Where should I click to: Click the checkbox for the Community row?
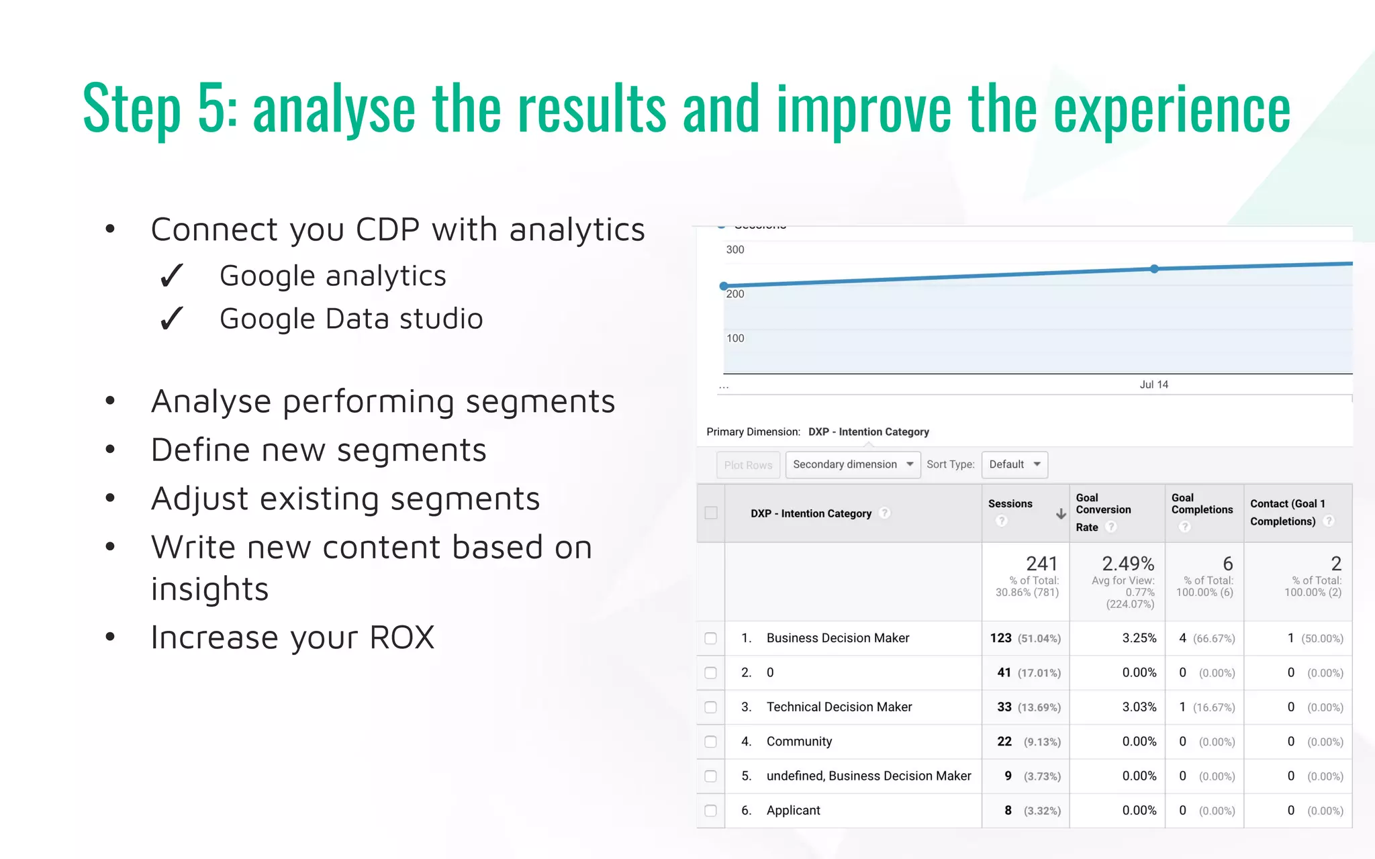coord(710,742)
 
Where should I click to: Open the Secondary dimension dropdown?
coord(852,464)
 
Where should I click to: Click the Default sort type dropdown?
coord(1014,464)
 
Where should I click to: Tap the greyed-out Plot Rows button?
coord(748,465)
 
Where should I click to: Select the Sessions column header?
coord(1010,504)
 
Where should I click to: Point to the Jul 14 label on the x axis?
coord(1153,385)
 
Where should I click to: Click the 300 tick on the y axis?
coord(734,250)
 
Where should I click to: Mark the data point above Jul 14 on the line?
coord(1154,268)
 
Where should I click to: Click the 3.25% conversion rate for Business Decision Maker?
coord(1139,638)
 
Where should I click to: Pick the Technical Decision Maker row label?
coord(839,707)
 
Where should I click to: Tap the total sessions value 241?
coord(1041,564)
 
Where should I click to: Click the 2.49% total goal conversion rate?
coord(1128,564)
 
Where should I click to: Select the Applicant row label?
coord(793,810)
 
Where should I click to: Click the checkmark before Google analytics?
coord(172,276)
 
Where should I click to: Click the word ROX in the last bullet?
coord(401,638)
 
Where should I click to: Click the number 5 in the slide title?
coord(213,109)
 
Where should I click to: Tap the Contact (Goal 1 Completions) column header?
coord(1287,513)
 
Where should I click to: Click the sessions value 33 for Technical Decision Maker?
coord(1004,707)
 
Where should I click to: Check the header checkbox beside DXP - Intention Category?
coord(711,513)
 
